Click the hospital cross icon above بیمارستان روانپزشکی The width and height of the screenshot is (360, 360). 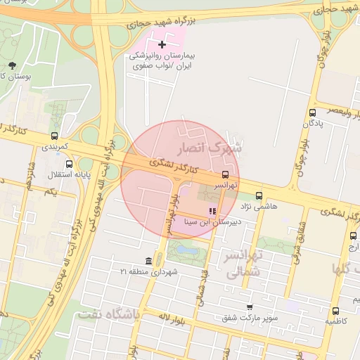tap(163, 44)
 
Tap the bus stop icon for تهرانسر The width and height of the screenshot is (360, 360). tap(225, 174)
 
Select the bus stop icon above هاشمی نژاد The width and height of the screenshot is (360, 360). tap(259, 196)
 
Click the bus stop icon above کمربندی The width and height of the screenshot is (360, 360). tap(55, 136)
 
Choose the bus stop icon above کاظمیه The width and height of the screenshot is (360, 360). tap(335, 310)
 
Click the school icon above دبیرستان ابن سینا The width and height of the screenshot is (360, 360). tap(212, 211)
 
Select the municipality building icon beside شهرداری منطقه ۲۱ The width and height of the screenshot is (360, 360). tap(148, 261)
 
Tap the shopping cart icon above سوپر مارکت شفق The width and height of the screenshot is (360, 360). tap(250, 307)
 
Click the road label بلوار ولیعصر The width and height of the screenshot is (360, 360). tap(331, 110)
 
